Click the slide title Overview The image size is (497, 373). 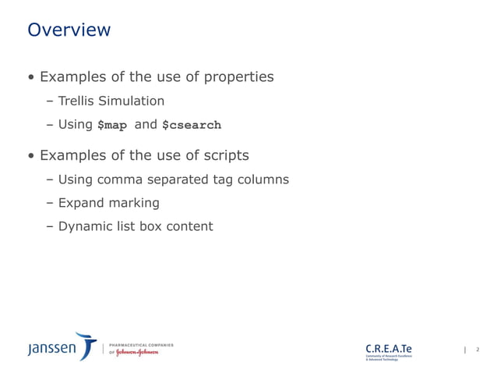(x=69, y=30)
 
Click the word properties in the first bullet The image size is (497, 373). (x=238, y=77)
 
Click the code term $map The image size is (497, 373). (x=111, y=125)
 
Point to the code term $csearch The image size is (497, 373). (x=191, y=125)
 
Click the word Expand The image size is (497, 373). (x=80, y=203)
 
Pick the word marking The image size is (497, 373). (x=134, y=204)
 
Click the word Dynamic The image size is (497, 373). (x=84, y=227)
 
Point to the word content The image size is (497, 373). (x=187, y=226)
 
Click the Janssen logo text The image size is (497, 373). (x=52, y=349)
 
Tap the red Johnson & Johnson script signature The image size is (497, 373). (x=138, y=352)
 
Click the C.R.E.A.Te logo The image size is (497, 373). (x=389, y=347)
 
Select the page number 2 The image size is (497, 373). (x=477, y=350)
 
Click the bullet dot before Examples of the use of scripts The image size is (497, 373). (x=31, y=156)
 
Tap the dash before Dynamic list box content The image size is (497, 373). (x=50, y=227)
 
